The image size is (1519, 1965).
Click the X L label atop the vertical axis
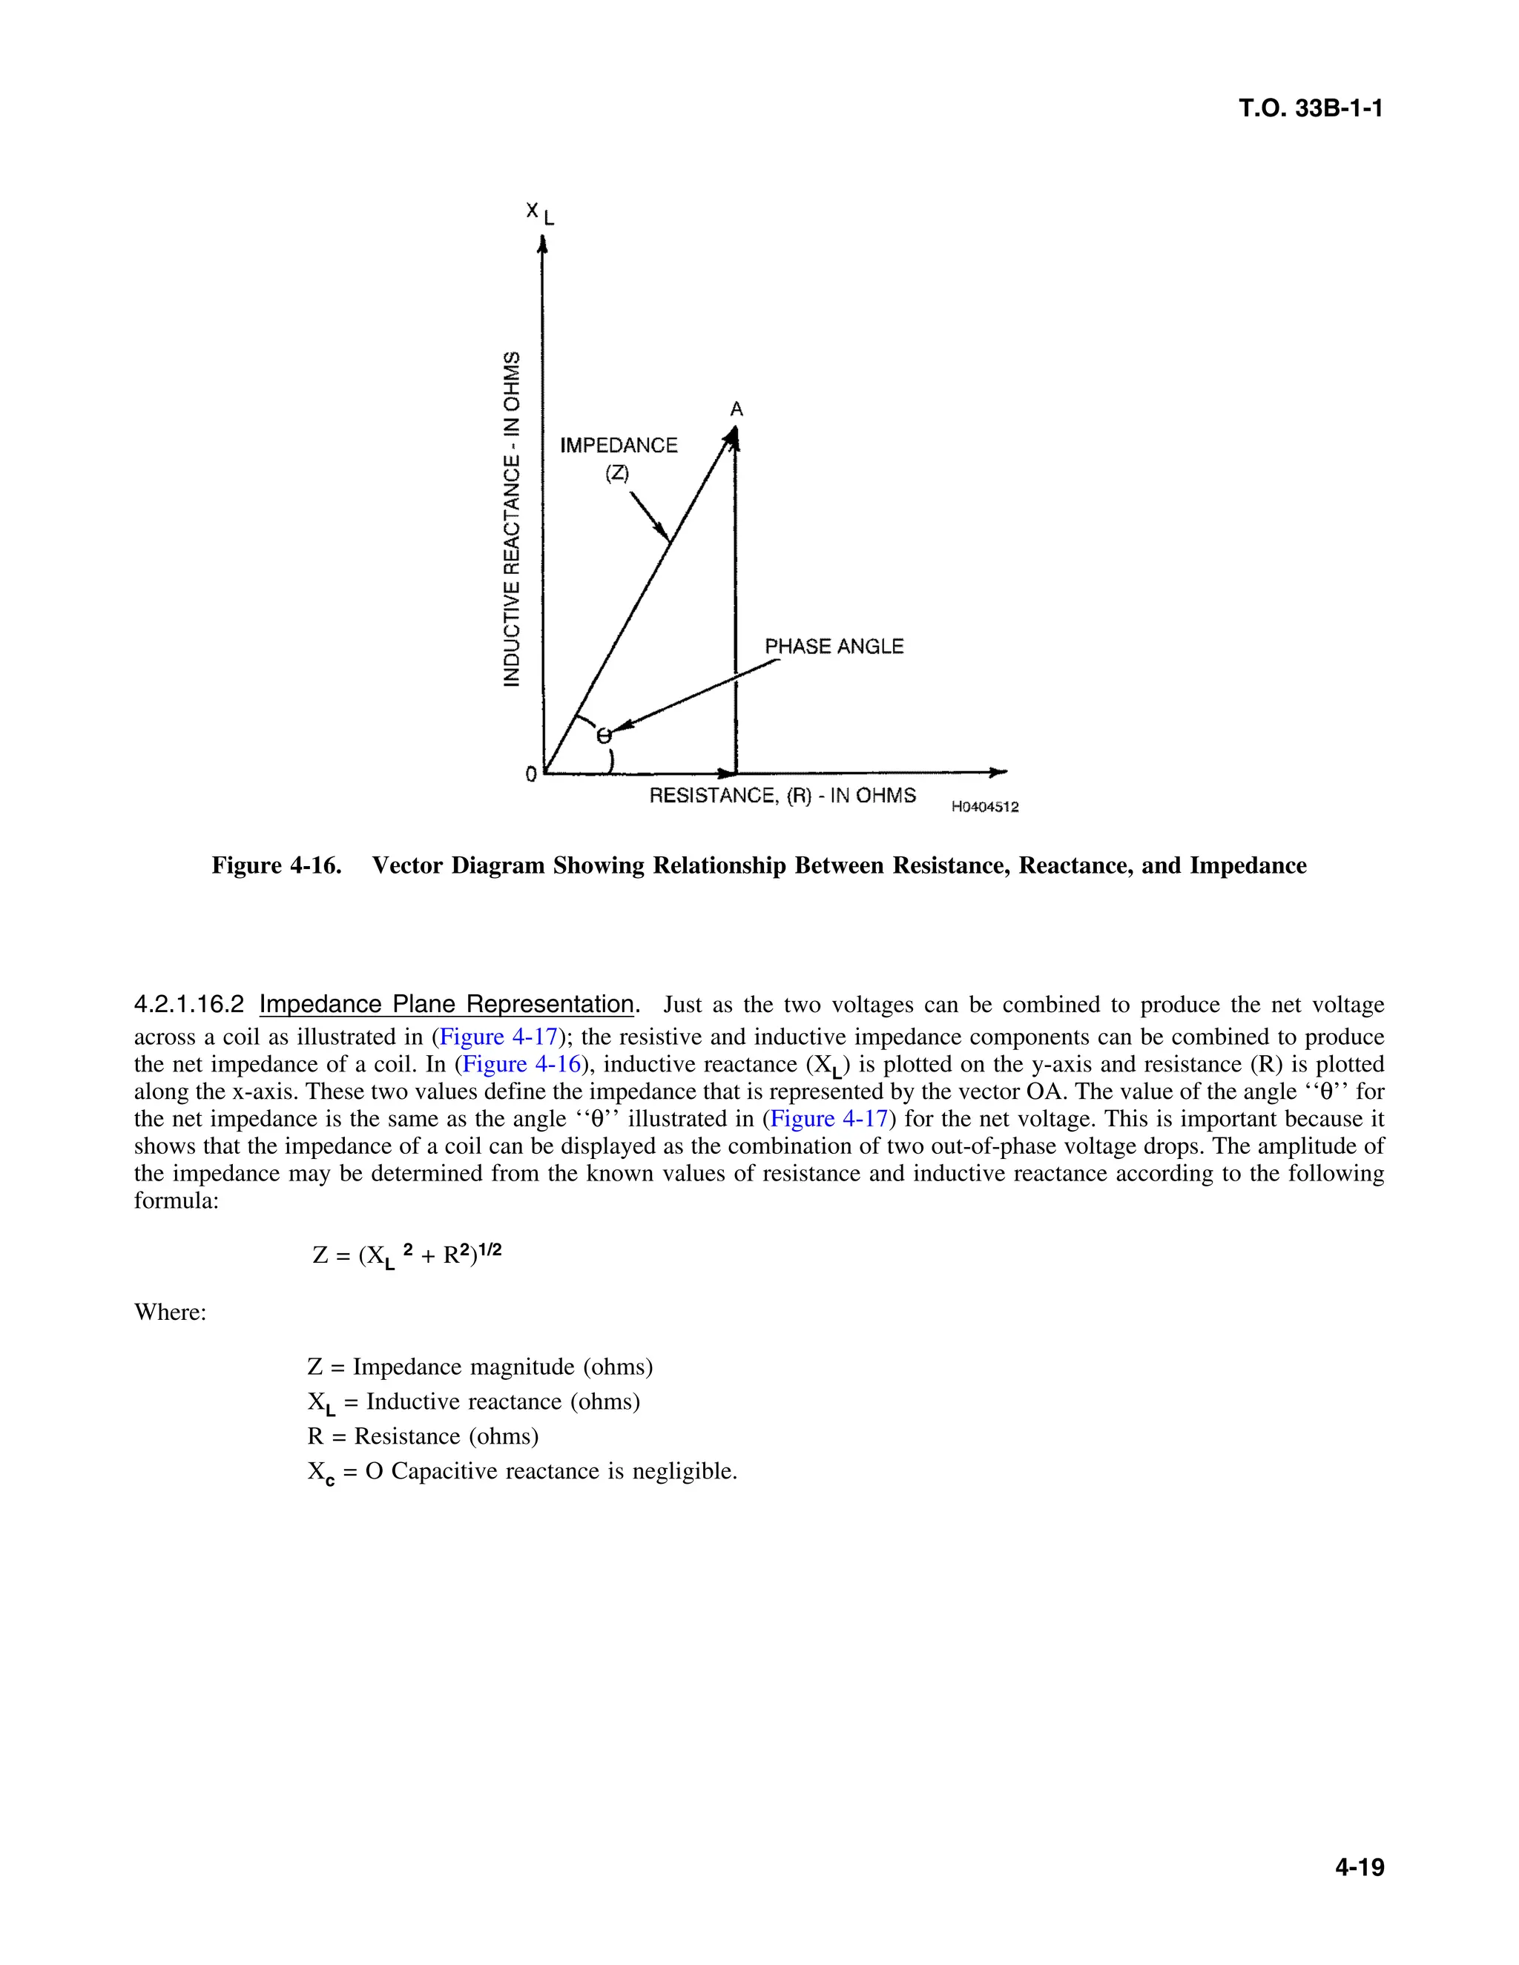[541, 214]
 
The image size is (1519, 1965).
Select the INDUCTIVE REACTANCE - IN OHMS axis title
[512, 519]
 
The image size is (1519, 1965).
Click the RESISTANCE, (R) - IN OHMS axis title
[782, 796]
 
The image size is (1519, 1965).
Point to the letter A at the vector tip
[736, 410]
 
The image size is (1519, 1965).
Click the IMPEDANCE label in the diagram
[619, 446]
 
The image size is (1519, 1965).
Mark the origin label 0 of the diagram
[531, 773]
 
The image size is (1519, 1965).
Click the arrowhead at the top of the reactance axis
[541, 245]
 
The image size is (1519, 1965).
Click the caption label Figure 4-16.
[276, 865]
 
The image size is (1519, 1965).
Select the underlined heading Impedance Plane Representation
[447, 1004]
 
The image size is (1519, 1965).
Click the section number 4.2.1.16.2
[189, 1004]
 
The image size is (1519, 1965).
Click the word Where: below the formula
[170, 1312]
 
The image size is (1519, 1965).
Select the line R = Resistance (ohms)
[423, 1436]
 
